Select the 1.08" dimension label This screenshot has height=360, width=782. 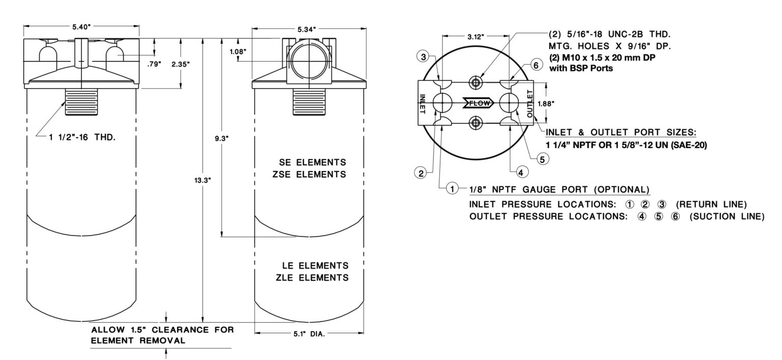pyautogui.click(x=238, y=51)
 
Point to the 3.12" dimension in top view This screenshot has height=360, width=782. pyautogui.click(x=476, y=37)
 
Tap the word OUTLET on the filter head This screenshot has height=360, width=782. pyautogui.click(x=529, y=103)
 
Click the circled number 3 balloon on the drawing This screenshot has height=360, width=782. pyautogui.click(x=422, y=57)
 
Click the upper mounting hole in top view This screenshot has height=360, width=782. pyautogui.click(x=476, y=83)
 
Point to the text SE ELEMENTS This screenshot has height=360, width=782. pyautogui.click(x=313, y=162)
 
